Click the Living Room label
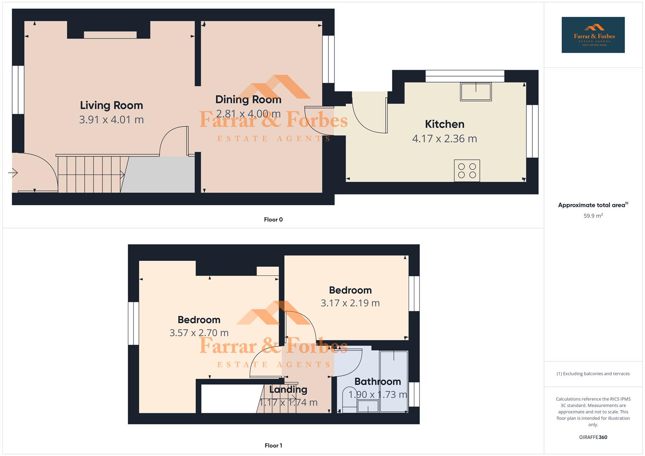click(x=112, y=105)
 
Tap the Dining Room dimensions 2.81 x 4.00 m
click(x=248, y=114)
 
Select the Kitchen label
click(x=444, y=124)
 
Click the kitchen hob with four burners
click(x=467, y=171)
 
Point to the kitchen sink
click(x=476, y=92)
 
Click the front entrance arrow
click(x=13, y=173)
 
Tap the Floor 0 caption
click(x=273, y=220)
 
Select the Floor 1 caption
click(x=273, y=445)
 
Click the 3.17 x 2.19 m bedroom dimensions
click(x=350, y=303)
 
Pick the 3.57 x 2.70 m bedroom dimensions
click(x=199, y=333)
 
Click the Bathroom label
click(x=378, y=382)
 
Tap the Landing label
click(x=288, y=389)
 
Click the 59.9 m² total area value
click(x=593, y=216)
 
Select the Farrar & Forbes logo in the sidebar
click(x=593, y=35)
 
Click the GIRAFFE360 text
click(x=593, y=437)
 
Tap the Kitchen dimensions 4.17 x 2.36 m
click(x=444, y=138)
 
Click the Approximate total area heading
click(x=592, y=205)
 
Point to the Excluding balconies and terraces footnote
click(x=593, y=374)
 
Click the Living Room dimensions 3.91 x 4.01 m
click(x=112, y=119)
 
